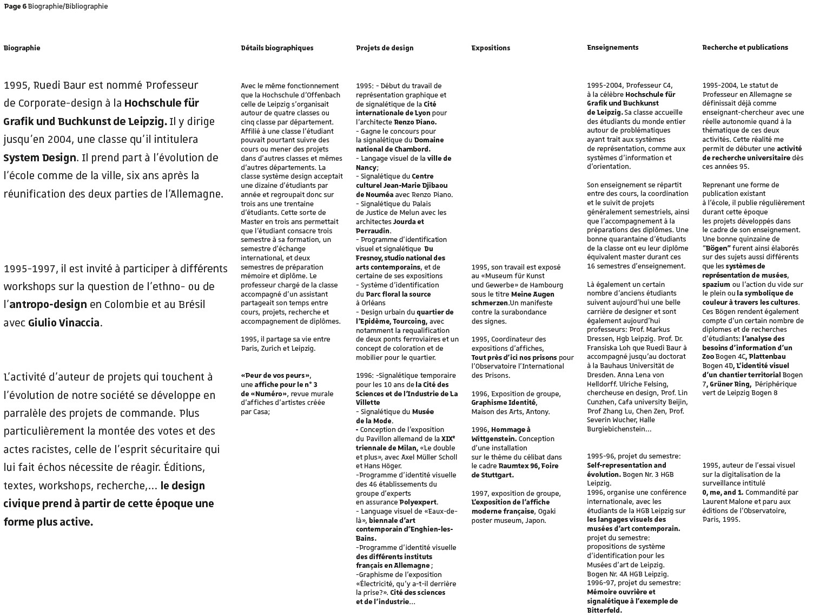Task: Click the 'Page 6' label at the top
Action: coord(15,6)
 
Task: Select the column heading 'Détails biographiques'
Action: coord(277,48)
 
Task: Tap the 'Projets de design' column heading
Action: coord(385,48)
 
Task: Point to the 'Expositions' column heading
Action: coord(491,48)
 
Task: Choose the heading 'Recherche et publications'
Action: coord(745,48)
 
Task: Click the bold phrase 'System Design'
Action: coord(39,158)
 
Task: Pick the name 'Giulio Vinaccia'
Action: coord(64,323)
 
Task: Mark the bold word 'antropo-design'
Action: coord(48,305)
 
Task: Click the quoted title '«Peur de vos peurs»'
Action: coord(275,376)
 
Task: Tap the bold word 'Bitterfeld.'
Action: coord(604,611)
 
